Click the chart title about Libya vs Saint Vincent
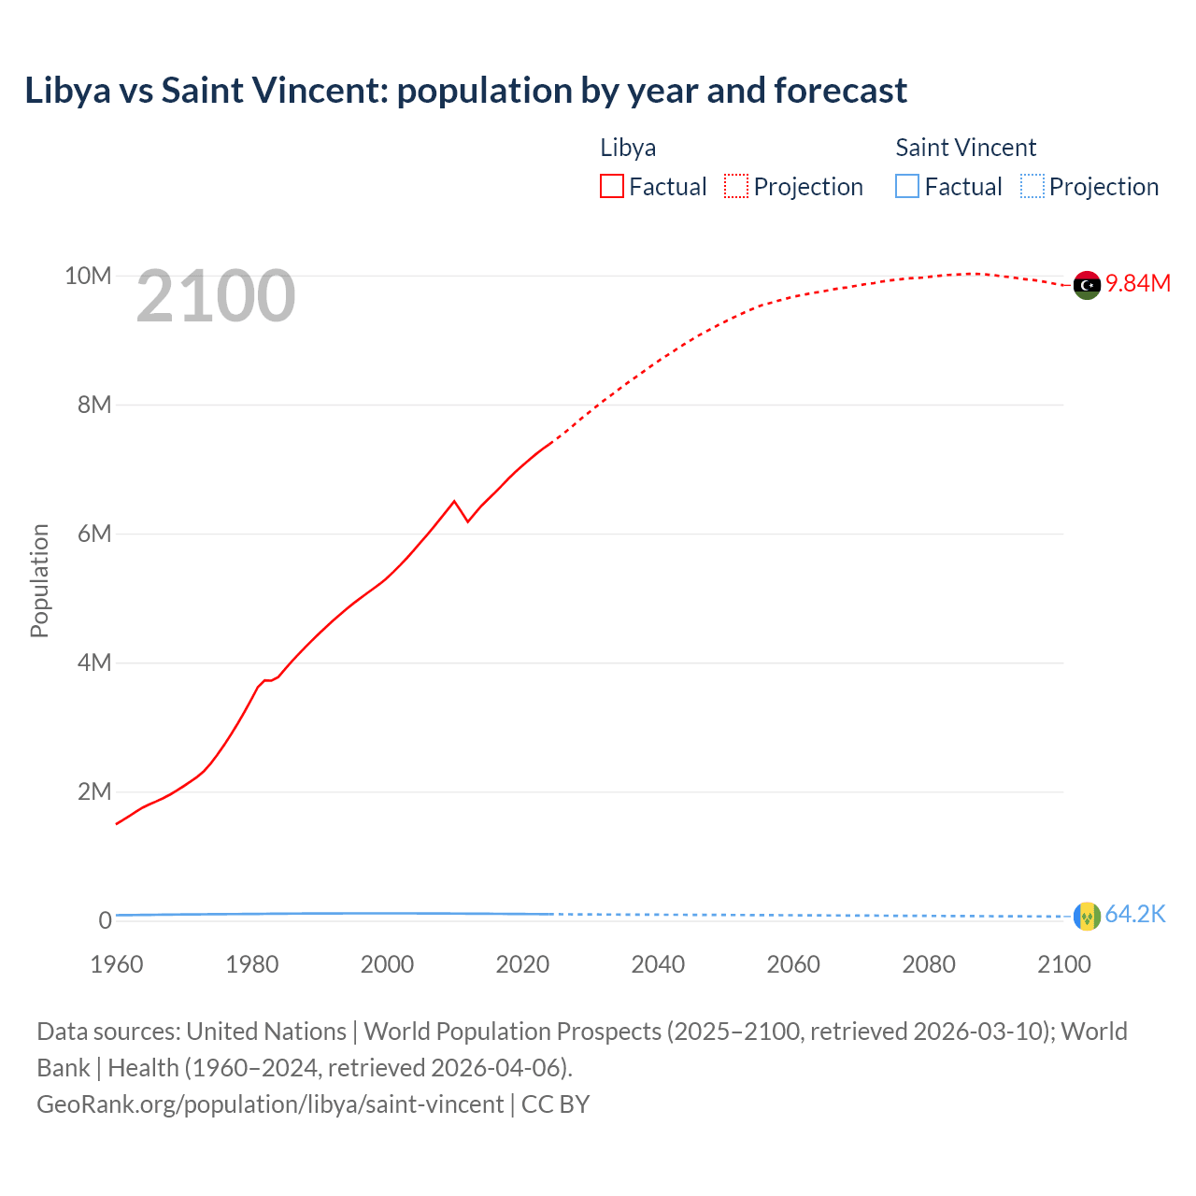coord(465,91)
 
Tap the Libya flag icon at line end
coord(1087,285)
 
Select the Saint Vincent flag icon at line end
coord(1087,916)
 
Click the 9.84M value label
coord(1138,284)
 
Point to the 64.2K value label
coord(1135,914)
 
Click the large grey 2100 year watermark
coord(216,296)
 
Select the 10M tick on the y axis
coord(88,276)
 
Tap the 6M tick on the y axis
coord(94,534)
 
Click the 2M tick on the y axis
coord(94,791)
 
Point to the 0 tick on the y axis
coord(105,920)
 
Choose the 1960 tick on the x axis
coord(117,964)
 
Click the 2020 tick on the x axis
coord(522,964)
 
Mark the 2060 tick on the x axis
coord(793,964)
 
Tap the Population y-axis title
coord(39,580)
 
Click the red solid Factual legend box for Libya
coord(612,187)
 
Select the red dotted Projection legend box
coord(736,187)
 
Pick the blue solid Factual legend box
coord(907,187)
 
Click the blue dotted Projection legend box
coord(1032,187)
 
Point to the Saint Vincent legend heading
coord(965,148)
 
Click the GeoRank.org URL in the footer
coord(270,1103)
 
